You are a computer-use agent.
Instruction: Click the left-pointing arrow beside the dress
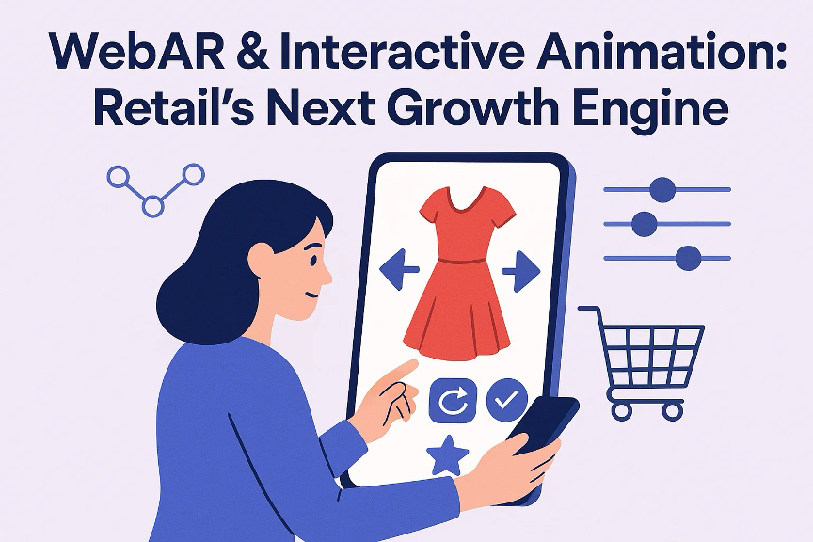pos(398,272)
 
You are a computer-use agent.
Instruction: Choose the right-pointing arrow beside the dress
pos(520,272)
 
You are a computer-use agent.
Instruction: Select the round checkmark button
pos(506,401)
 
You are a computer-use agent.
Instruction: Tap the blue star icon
pos(448,454)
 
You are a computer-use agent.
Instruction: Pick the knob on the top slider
pos(663,189)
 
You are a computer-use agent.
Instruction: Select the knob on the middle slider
pos(645,224)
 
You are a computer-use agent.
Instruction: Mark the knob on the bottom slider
pos(689,257)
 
